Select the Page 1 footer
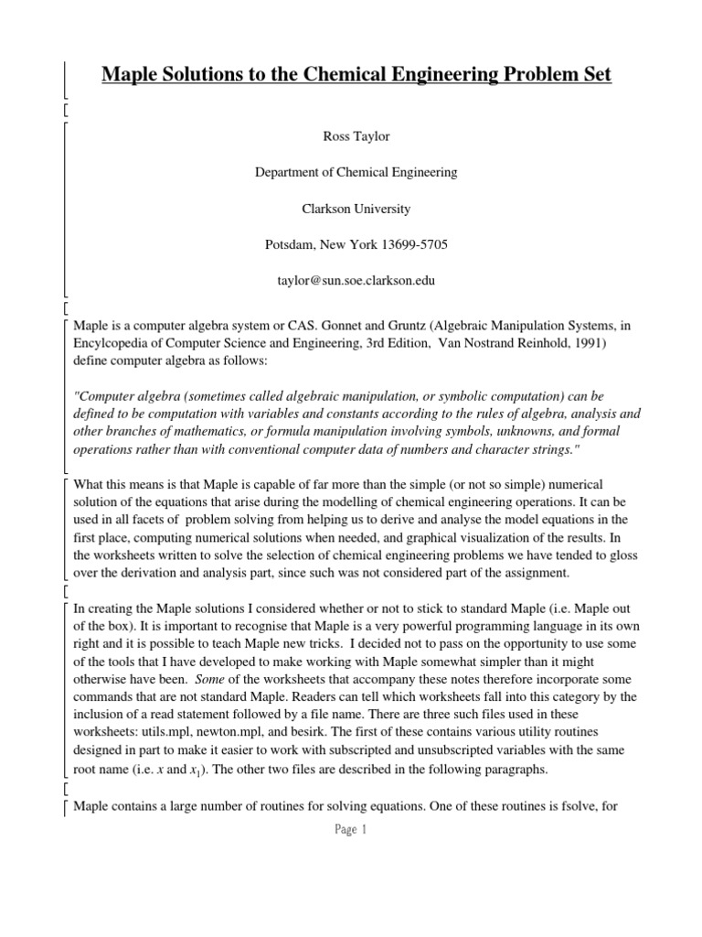pyautogui.click(x=350, y=831)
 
